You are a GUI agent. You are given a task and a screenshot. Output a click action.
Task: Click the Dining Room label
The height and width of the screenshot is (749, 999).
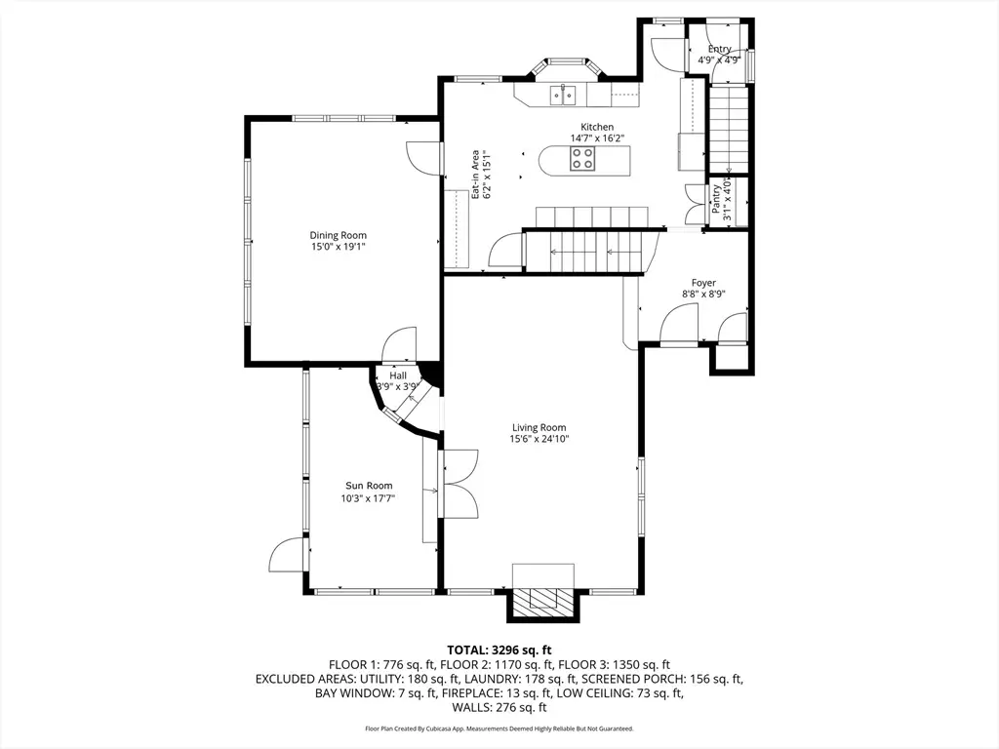[338, 235]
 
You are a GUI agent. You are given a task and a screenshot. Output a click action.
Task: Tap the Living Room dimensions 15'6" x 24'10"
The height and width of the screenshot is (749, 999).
[539, 439]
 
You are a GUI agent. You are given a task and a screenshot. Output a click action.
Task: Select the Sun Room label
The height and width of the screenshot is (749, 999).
[369, 486]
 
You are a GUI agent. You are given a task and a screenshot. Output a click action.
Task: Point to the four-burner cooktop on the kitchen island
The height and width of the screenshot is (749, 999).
[582, 159]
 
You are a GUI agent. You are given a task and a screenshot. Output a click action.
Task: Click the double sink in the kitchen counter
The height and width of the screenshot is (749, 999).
[563, 95]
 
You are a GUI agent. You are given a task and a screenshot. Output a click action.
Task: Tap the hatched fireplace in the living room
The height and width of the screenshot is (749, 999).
[542, 600]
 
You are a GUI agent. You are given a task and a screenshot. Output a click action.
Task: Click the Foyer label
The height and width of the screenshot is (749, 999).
[703, 283]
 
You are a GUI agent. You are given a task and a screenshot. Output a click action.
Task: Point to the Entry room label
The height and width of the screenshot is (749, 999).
[719, 49]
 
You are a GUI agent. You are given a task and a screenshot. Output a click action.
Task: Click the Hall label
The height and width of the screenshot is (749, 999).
[398, 375]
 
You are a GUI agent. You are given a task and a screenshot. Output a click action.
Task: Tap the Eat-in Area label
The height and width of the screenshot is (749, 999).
[475, 175]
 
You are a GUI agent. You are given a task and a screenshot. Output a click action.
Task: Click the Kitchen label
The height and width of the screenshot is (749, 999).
[597, 127]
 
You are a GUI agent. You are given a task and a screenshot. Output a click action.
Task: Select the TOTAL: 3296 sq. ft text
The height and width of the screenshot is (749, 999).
[499, 650]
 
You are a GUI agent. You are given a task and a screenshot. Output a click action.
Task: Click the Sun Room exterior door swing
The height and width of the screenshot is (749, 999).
[289, 555]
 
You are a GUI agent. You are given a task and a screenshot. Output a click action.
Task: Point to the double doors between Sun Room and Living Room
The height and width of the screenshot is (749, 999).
[459, 484]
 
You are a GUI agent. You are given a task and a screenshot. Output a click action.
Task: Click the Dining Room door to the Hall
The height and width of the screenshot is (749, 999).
[399, 344]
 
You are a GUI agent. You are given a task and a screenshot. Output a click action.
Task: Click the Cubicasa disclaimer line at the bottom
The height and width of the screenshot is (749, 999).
[499, 729]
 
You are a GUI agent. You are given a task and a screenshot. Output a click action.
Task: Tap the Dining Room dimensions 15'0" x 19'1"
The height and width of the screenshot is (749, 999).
[338, 247]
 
